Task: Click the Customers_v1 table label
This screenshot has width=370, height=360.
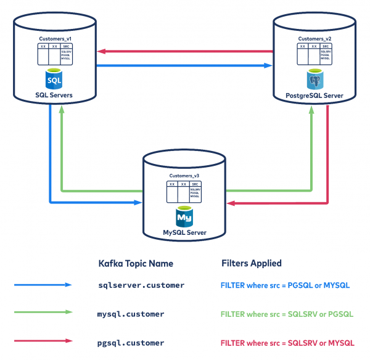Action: tap(55, 39)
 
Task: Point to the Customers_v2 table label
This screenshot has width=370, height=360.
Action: tap(314, 39)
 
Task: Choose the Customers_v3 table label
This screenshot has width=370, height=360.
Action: tap(184, 176)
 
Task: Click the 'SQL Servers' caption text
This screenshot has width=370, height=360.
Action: tap(55, 96)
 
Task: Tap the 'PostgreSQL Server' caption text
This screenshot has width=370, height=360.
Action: tap(314, 96)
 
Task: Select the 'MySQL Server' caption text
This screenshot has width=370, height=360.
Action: tap(184, 233)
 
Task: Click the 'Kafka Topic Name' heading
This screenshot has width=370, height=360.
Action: tap(136, 263)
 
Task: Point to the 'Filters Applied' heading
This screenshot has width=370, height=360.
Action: tap(252, 263)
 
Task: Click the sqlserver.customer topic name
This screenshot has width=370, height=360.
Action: tap(141, 285)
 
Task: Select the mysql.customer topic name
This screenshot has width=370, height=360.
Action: tap(131, 314)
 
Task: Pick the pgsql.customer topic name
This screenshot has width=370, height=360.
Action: tap(131, 342)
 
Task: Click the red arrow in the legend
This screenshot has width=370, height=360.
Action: tap(44, 342)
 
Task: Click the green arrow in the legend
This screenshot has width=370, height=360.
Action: tap(44, 314)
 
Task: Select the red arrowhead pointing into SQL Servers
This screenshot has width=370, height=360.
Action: tap(102, 51)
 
